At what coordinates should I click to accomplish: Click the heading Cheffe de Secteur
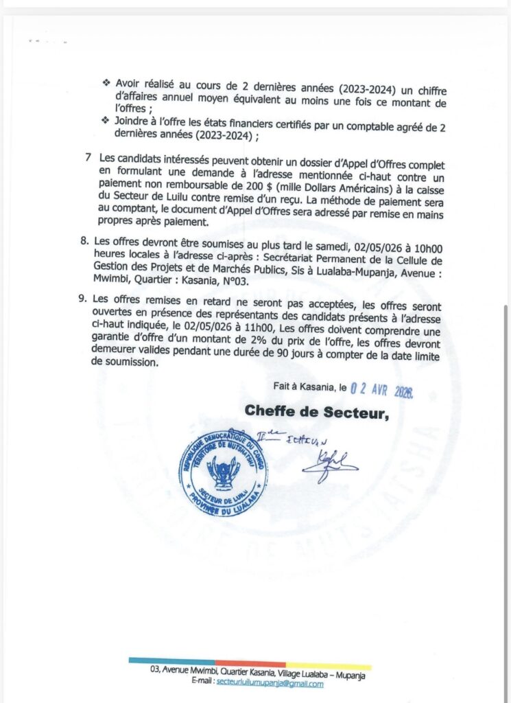tap(317, 411)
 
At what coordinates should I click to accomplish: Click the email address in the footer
tap(265, 684)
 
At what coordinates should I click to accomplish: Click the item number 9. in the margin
tap(84, 299)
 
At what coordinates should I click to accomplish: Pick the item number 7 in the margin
tap(89, 157)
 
